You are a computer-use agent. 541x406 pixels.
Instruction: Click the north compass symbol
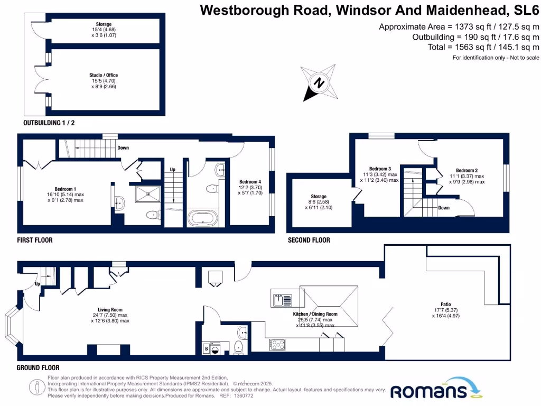click(319, 82)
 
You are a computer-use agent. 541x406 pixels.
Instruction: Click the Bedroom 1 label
click(66, 189)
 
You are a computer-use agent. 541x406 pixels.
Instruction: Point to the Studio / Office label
click(103, 76)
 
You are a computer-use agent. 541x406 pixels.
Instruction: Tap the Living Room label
click(110, 310)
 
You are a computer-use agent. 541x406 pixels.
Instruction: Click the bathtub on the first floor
click(202, 218)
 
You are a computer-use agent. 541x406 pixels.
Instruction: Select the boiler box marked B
click(207, 348)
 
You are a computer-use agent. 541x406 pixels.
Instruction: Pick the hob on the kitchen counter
click(278, 345)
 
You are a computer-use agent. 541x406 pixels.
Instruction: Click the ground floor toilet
click(238, 346)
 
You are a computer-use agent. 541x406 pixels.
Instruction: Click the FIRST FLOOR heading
click(35, 240)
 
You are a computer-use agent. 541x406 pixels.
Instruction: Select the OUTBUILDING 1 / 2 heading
click(49, 123)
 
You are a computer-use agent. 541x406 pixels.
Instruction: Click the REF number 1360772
click(244, 395)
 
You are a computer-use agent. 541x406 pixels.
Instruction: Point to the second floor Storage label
click(319, 197)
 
